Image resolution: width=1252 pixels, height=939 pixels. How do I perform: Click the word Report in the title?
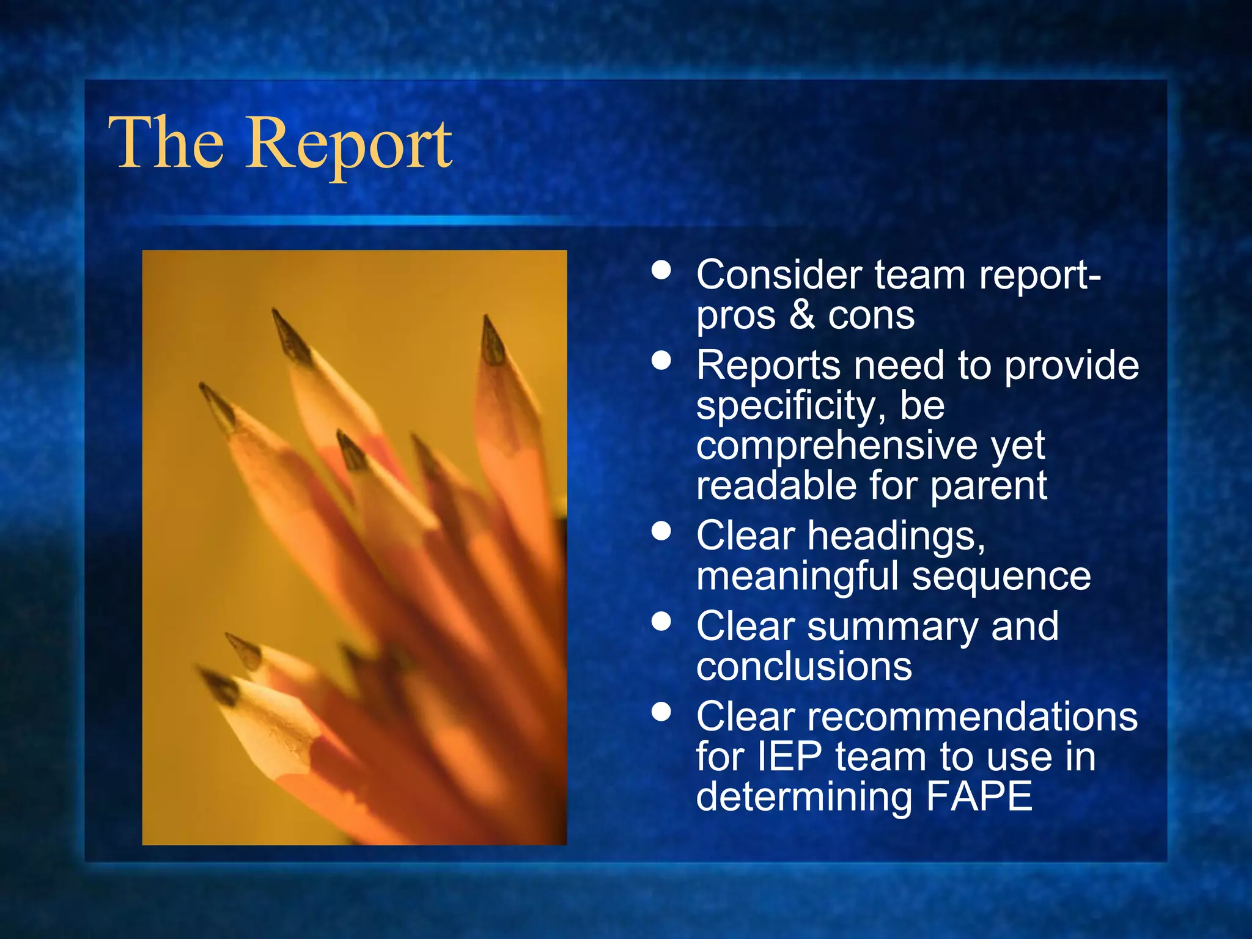coord(349,144)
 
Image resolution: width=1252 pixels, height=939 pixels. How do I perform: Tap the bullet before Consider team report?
coord(661,270)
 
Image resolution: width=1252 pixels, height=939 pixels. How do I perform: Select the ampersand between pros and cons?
coord(802,315)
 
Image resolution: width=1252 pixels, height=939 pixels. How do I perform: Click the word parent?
coord(989,486)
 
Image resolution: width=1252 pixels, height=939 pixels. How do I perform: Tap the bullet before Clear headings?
coord(661,531)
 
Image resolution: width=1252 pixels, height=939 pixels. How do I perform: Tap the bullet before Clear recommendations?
coord(661,712)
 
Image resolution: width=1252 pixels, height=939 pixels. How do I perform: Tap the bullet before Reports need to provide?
coord(661,360)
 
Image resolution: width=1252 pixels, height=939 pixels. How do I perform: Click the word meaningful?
coord(797,577)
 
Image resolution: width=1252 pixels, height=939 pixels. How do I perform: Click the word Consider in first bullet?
coord(779,274)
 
